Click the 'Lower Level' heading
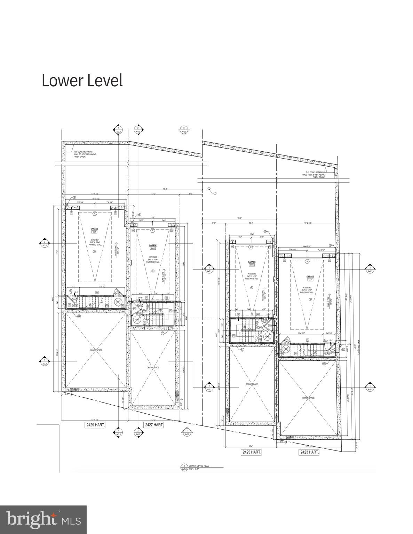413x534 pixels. point(82,81)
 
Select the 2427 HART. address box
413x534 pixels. point(154,425)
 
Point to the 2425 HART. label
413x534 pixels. point(251,452)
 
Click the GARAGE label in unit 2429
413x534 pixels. point(94,229)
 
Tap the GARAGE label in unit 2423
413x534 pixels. point(310,277)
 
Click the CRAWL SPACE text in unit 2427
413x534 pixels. point(153,368)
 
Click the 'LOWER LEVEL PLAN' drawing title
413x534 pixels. point(199,466)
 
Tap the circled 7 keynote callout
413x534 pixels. point(215,193)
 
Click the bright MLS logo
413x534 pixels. point(43,520)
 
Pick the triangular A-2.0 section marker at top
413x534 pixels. point(184,130)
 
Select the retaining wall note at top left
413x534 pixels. point(83,154)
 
